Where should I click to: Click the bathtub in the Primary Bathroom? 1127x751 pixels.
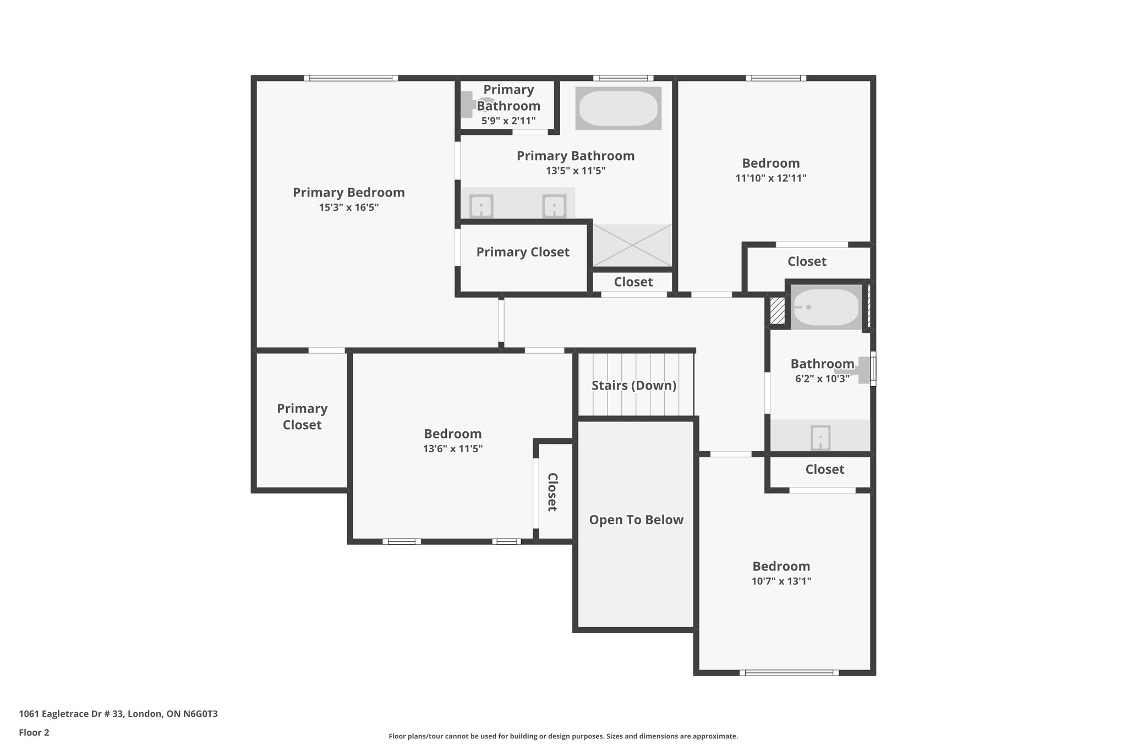click(618, 108)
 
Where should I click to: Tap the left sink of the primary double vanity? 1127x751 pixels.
click(481, 206)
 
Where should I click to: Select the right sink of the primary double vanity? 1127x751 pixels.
click(554, 206)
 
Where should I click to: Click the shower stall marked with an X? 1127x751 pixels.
click(632, 245)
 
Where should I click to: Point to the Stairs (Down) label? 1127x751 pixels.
click(634, 385)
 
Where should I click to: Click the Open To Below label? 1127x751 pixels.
click(636, 520)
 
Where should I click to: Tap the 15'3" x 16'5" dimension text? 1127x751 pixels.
click(349, 207)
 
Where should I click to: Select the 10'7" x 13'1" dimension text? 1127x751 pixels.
click(781, 581)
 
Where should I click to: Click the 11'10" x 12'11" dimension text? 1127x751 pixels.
click(771, 178)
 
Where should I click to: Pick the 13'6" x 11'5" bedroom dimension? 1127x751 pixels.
click(453, 448)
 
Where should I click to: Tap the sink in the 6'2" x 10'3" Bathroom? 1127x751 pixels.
click(820, 438)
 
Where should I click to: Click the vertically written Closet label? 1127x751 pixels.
click(552, 492)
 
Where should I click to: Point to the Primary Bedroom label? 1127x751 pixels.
click(349, 193)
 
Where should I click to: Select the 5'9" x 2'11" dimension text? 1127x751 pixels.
click(508, 120)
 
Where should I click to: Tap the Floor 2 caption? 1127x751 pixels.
click(34, 732)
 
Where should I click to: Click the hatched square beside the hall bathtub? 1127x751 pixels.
click(777, 311)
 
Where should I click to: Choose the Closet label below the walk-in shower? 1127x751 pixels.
click(633, 282)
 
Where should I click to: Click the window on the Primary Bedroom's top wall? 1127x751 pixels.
click(351, 78)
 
